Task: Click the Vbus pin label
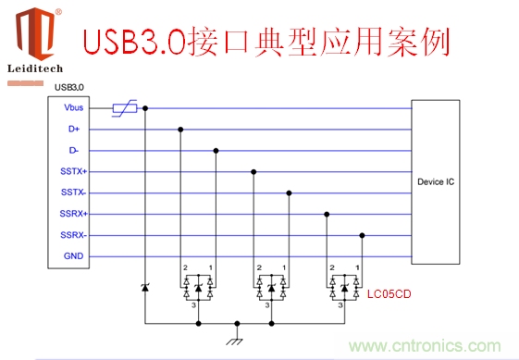click(74, 108)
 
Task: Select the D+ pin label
click(74, 130)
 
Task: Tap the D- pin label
click(74, 150)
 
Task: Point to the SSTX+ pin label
click(74, 171)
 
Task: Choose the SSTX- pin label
click(74, 192)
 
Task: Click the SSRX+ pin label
click(74, 214)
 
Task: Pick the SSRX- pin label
click(74, 235)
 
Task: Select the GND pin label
click(74, 256)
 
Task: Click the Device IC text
click(436, 181)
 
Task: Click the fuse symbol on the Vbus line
click(125, 108)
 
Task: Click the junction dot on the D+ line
click(180, 130)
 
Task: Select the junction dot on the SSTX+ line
click(253, 171)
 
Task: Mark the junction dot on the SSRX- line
click(362, 235)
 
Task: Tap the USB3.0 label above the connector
click(70, 88)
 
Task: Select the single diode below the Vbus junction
click(144, 290)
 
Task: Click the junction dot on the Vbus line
click(144, 108)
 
